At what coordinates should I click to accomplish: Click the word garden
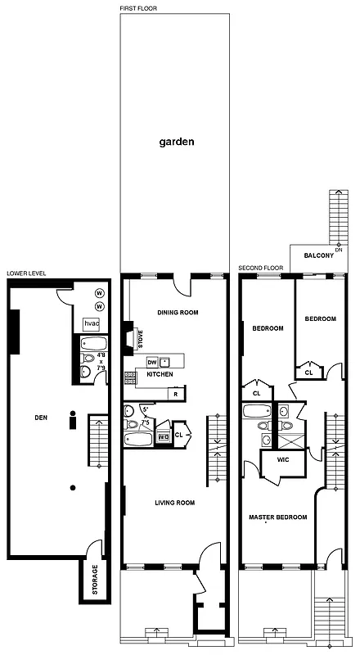(177, 142)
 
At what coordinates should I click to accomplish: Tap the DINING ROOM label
(178, 313)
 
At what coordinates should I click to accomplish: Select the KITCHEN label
(160, 375)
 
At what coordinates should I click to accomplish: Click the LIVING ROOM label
(174, 503)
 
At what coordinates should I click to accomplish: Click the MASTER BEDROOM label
(278, 517)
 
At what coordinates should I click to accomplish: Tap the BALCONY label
(318, 256)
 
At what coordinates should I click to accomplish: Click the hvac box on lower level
(92, 324)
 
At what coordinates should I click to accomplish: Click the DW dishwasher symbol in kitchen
(151, 362)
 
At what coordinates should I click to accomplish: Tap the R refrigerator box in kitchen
(175, 394)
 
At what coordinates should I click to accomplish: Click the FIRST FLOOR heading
(139, 8)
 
